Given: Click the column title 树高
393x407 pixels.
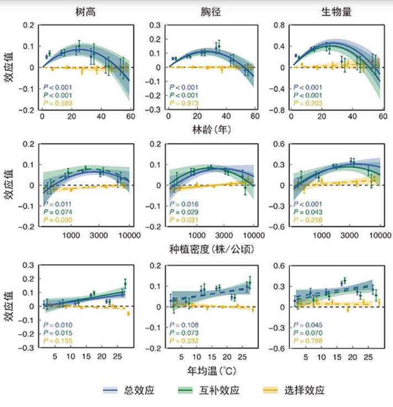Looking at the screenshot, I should [x=85, y=12].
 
